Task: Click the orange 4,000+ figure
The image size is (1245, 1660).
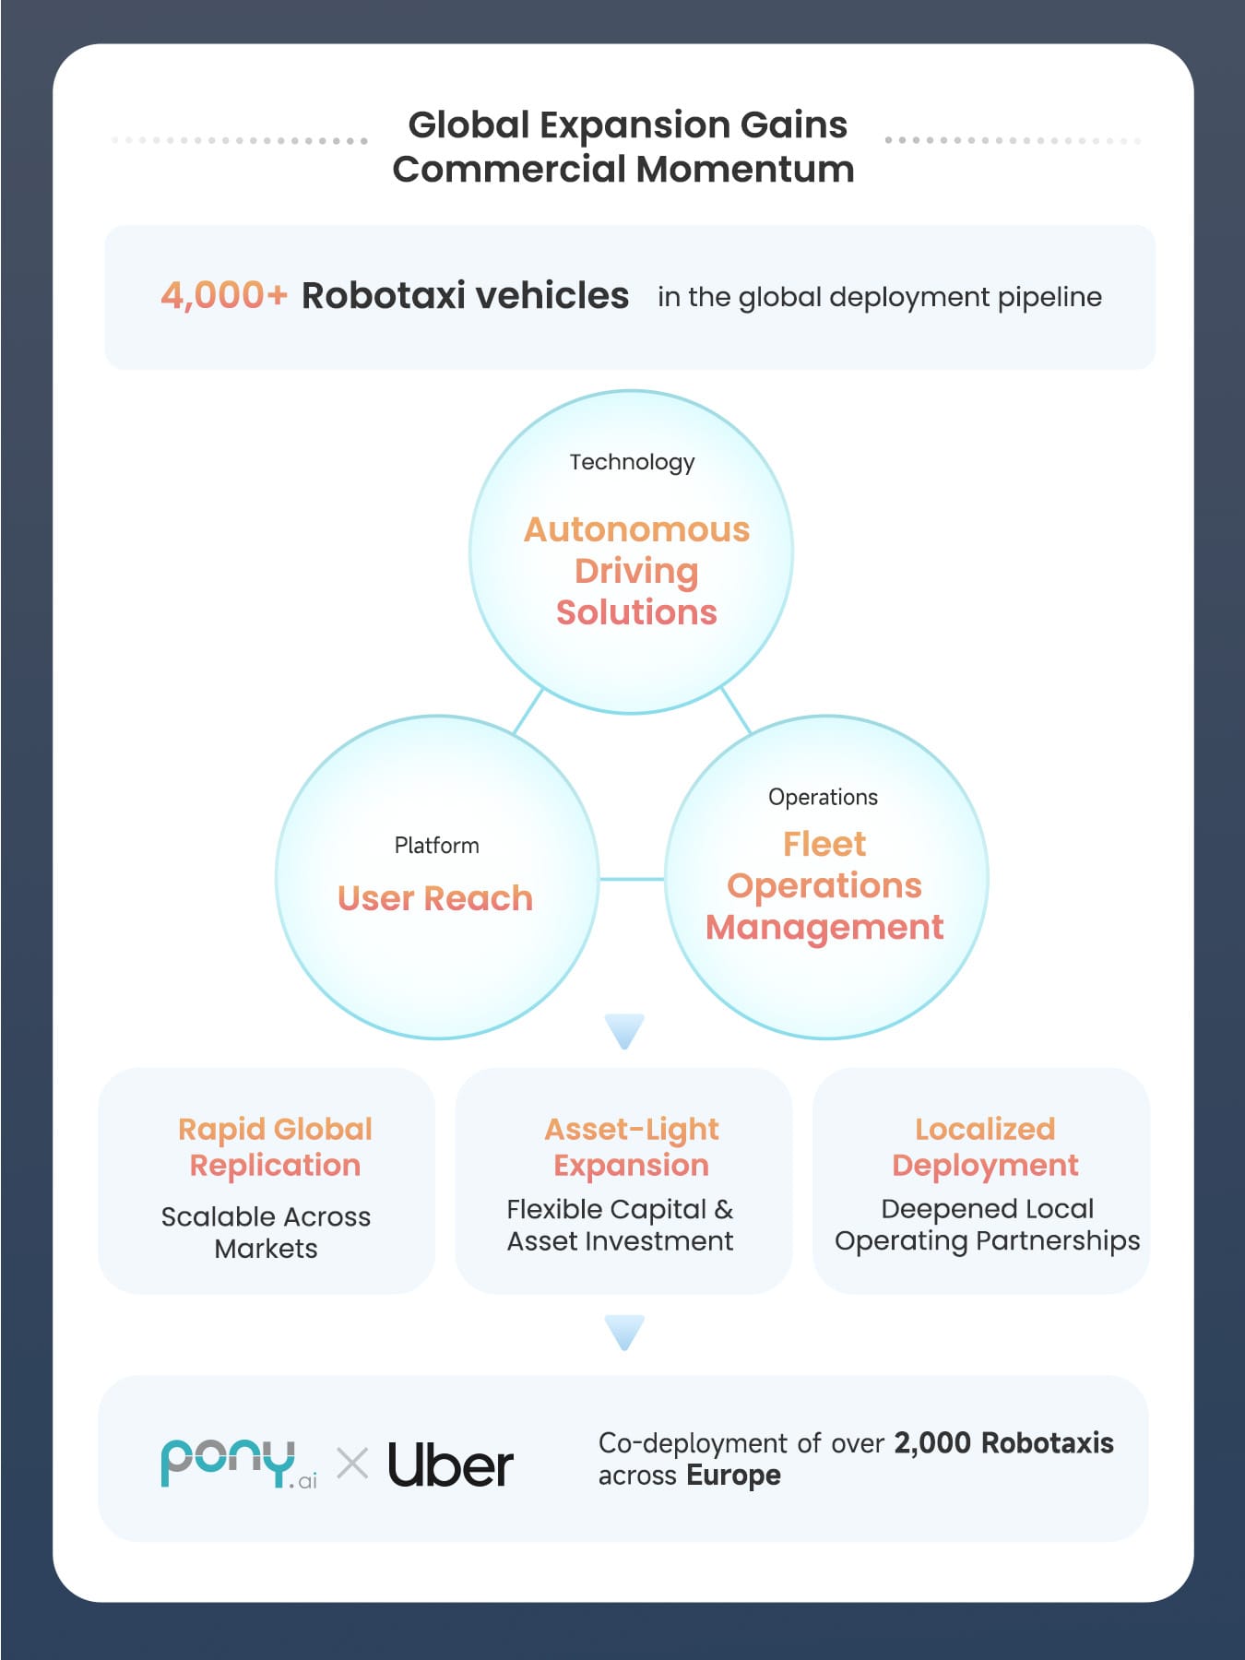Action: click(x=224, y=296)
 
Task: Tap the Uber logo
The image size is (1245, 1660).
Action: click(x=450, y=1464)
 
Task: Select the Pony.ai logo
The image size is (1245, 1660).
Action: click(x=239, y=1464)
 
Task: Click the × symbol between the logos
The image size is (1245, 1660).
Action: click(x=352, y=1464)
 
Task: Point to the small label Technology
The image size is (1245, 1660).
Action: click(x=632, y=462)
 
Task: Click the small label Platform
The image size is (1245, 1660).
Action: click(x=436, y=846)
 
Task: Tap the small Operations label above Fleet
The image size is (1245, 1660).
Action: click(x=823, y=798)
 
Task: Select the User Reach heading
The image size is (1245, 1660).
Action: click(x=435, y=898)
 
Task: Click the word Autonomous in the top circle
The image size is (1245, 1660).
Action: click(x=636, y=529)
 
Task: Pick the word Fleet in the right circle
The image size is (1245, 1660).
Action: click(x=824, y=844)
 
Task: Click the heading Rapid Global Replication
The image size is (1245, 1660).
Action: click(x=275, y=1146)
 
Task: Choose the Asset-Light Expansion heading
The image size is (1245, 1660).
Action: click(x=632, y=1146)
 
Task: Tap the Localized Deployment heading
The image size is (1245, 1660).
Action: click(x=985, y=1146)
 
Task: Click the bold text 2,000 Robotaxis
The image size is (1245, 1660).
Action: click(x=1003, y=1442)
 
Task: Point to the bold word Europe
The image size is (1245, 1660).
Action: click(x=734, y=1476)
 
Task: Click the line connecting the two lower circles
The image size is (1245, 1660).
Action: click(x=632, y=879)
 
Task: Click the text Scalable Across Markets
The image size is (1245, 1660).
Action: click(x=266, y=1233)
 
